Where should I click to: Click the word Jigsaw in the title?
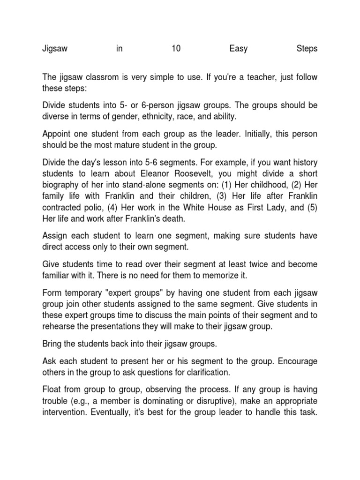tap(55, 49)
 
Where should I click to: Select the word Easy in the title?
tap(239, 49)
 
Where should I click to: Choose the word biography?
tap(63, 185)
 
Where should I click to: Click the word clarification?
tap(198, 373)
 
